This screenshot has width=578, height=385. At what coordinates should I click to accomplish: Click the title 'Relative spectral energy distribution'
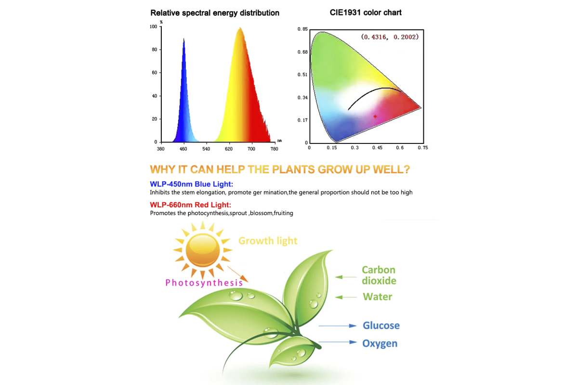tap(215, 13)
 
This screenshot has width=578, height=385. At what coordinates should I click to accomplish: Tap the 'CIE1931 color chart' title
tap(366, 13)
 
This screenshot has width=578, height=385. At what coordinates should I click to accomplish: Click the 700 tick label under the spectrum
tap(251, 149)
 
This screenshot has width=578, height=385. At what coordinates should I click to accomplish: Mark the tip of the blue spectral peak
tap(184, 38)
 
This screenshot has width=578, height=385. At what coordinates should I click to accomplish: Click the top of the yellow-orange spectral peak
tap(240, 27)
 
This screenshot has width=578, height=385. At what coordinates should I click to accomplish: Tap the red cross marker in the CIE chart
tap(375, 116)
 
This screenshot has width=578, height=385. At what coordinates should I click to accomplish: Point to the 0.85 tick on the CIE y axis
tap(302, 29)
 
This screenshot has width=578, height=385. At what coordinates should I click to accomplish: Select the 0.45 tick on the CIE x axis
tap(377, 148)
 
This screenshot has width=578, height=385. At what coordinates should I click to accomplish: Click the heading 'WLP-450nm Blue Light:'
tap(192, 184)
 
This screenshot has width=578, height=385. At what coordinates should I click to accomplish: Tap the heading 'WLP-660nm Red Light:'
tap(190, 205)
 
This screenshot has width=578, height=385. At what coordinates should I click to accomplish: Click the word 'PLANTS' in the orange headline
tap(293, 169)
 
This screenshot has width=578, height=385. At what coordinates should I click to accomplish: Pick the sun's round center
tap(203, 250)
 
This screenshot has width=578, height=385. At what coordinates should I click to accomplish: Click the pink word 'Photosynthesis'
tap(204, 283)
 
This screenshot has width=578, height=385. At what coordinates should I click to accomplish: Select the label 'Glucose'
tap(381, 325)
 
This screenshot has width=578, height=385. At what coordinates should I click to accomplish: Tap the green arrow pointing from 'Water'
tap(346, 297)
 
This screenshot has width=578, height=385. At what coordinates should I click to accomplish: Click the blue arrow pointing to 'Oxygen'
tap(338, 342)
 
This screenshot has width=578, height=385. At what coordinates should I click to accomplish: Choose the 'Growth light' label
tap(268, 241)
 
